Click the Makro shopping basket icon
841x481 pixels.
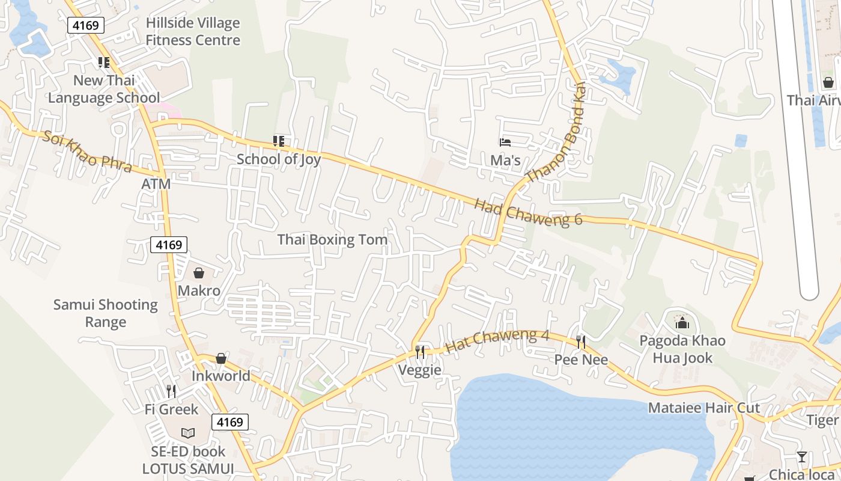[x=199, y=273]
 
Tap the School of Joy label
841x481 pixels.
[x=278, y=159]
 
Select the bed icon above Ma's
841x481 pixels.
[x=505, y=142]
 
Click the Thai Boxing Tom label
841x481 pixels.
[x=332, y=240]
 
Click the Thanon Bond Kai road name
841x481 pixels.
[x=556, y=133]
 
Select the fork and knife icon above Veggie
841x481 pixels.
[x=420, y=351]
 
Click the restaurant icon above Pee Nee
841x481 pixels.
[x=581, y=342]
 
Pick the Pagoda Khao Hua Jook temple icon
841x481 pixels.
[x=681, y=323]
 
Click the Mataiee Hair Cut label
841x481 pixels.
[x=704, y=408]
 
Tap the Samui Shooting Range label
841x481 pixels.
[x=106, y=313]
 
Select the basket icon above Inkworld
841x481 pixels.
[x=221, y=358]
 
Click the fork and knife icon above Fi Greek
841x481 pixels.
[x=171, y=391]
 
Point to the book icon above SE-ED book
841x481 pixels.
[x=188, y=433]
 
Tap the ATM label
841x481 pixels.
[x=156, y=184]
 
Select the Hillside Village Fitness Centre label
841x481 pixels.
[x=193, y=32]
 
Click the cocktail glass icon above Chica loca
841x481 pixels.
[x=802, y=457]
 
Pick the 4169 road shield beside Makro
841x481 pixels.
[x=169, y=245]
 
